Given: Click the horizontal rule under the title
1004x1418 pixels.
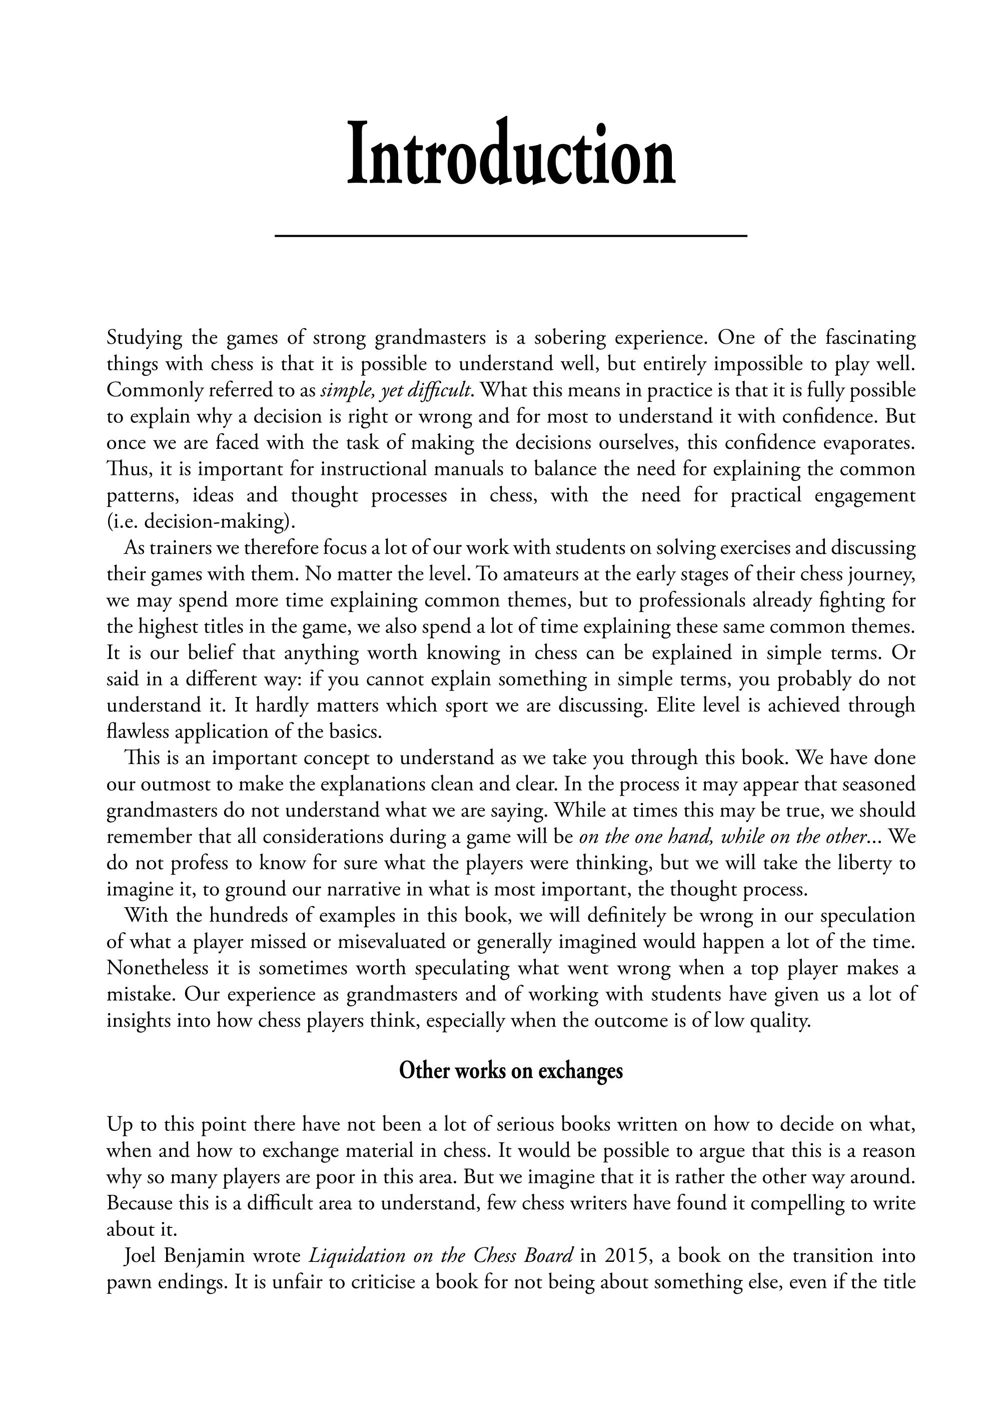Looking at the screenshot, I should point(511,236).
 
